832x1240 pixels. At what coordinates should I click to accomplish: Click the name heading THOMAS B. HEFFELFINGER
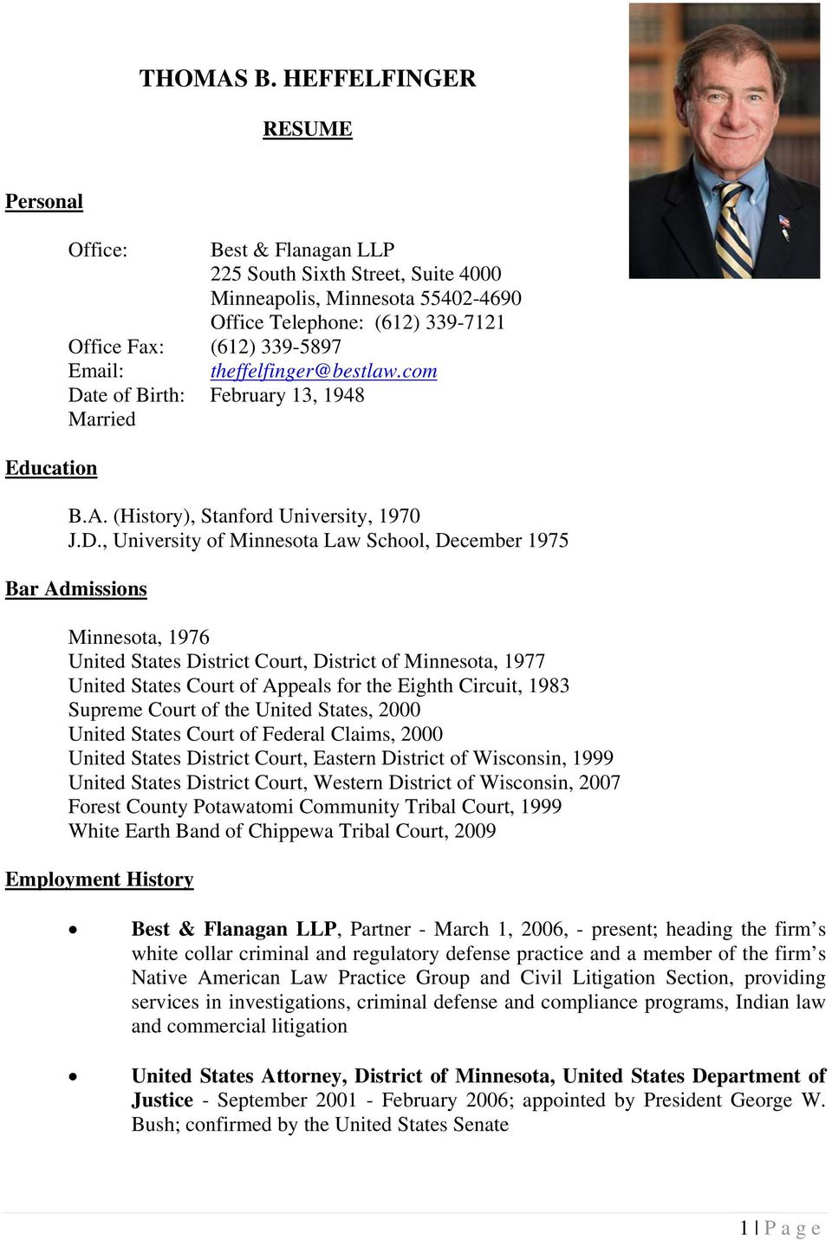[x=308, y=79]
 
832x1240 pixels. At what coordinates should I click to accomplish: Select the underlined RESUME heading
[x=308, y=129]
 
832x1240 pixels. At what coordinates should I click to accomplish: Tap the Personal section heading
[x=44, y=202]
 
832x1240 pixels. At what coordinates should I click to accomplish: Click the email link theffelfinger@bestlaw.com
[x=323, y=372]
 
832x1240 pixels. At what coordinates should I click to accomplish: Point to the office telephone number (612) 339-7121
[x=439, y=323]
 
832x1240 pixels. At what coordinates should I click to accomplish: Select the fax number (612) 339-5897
[x=276, y=347]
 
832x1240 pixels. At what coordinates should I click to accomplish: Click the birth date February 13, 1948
[x=287, y=396]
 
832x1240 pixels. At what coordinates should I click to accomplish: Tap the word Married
[x=102, y=420]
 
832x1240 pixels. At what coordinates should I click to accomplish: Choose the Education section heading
[x=51, y=469]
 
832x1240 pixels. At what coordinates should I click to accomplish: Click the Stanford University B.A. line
[x=244, y=516]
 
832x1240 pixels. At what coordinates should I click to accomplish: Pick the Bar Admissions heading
[x=76, y=589]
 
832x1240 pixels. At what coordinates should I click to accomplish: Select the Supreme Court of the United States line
[x=244, y=710]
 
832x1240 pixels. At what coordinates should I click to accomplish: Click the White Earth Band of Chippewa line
[x=283, y=831]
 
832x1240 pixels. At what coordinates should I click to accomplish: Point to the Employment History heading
[x=100, y=880]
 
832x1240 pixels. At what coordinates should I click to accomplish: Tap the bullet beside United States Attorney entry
[x=74, y=1077]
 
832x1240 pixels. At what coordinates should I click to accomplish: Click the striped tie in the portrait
[x=732, y=230]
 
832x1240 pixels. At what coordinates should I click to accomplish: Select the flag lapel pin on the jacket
[x=783, y=224]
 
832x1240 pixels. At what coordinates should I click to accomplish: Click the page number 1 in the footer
[x=744, y=1228]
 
